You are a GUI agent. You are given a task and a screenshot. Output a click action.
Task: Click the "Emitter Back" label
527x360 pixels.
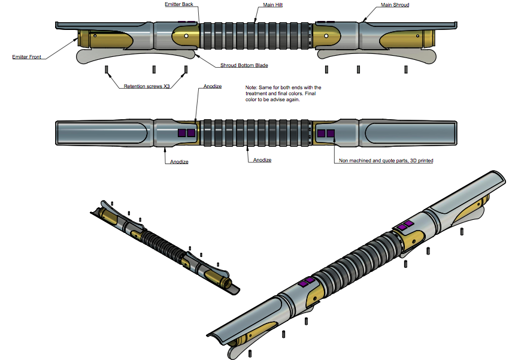coord(178,4)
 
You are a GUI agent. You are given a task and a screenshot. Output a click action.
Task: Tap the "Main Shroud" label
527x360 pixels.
coord(395,5)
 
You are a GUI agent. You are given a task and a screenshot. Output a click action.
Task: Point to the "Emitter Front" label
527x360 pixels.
coord(28,58)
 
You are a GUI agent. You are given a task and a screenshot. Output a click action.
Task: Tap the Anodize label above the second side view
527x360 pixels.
coord(213,86)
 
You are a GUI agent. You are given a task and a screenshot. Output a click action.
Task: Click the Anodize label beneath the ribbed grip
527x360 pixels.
coord(262,160)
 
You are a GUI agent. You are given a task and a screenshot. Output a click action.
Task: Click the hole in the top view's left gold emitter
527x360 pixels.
coord(187,36)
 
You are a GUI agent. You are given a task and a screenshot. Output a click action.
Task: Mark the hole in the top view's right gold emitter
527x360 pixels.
coord(325,36)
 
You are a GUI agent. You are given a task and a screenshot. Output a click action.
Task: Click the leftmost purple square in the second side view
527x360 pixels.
coord(182,133)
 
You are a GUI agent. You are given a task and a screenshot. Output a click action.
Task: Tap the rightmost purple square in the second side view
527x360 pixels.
coord(330,133)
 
